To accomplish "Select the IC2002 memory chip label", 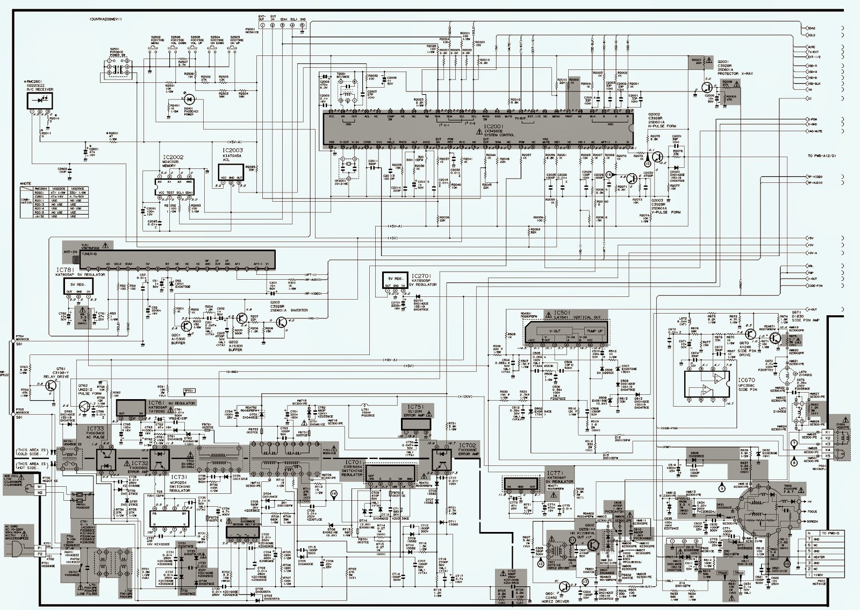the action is coord(173,157).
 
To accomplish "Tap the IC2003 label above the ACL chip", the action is coord(232,150).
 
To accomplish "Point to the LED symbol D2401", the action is coord(189,99).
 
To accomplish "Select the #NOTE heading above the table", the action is coord(25,184).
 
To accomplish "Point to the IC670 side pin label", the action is coord(747,380).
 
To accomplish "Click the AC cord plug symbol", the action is coord(18,548).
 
